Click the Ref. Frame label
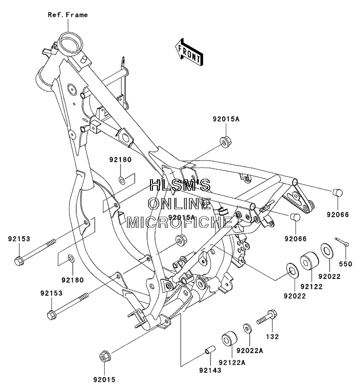point(68,15)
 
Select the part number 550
point(346,264)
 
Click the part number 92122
point(311,286)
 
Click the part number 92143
point(210,370)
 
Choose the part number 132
point(272,336)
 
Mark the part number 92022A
point(250,351)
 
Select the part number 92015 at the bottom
point(104,380)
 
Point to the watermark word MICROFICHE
point(179,222)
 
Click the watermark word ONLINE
point(179,203)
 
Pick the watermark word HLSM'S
point(180,185)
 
